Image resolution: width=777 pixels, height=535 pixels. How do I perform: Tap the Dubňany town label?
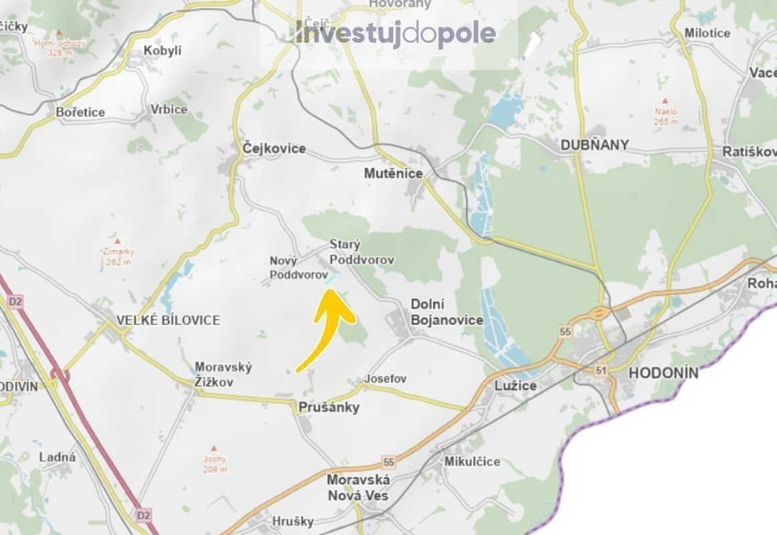click(x=594, y=145)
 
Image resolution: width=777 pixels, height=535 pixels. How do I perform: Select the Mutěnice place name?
click(x=393, y=173)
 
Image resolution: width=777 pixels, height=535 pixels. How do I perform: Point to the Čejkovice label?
click(x=274, y=148)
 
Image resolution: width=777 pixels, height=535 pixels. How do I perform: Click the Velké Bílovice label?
click(x=168, y=320)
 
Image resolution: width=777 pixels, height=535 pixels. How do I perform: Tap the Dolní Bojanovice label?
click(x=446, y=312)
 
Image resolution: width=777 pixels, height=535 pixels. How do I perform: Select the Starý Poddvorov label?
click(x=361, y=252)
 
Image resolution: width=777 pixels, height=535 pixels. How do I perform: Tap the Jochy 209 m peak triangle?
click(x=214, y=448)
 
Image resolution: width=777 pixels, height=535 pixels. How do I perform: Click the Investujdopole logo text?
click(x=396, y=33)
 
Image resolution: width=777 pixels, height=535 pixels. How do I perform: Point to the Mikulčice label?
click(x=472, y=461)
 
